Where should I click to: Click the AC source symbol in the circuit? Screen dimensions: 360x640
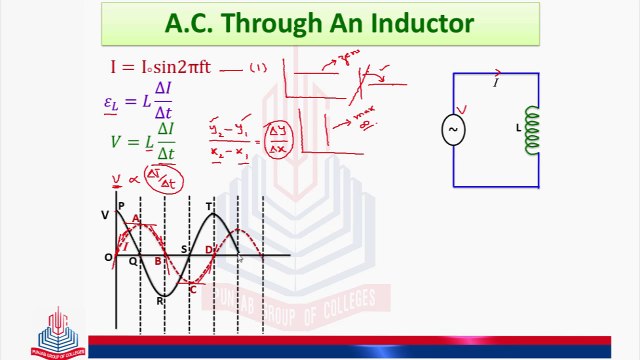click(x=453, y=130)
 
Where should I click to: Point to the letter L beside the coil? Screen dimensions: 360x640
click(x=517, y=129)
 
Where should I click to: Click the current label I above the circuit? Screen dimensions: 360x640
click(x=496, y=83)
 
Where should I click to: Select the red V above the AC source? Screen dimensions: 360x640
click(x=461, y=110)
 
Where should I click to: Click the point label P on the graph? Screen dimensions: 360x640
click(x=121, y=207)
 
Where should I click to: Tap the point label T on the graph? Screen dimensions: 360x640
click(x=209, y=207)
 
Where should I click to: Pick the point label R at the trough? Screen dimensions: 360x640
click(x=160, y=300)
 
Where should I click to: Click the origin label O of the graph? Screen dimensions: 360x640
click(x=108, y=258)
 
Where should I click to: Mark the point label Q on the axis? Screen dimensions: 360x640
click(x=133, y=262)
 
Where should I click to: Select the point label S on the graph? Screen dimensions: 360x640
click(x=184, y=250)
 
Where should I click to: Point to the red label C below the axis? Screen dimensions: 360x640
click(x=192, y=289)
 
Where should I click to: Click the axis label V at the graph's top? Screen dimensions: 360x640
click(x=105, y=216)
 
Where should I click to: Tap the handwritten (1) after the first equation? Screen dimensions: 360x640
click(x=258, y=68)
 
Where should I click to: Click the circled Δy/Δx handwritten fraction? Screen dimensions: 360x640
click(x=277, y=142)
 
